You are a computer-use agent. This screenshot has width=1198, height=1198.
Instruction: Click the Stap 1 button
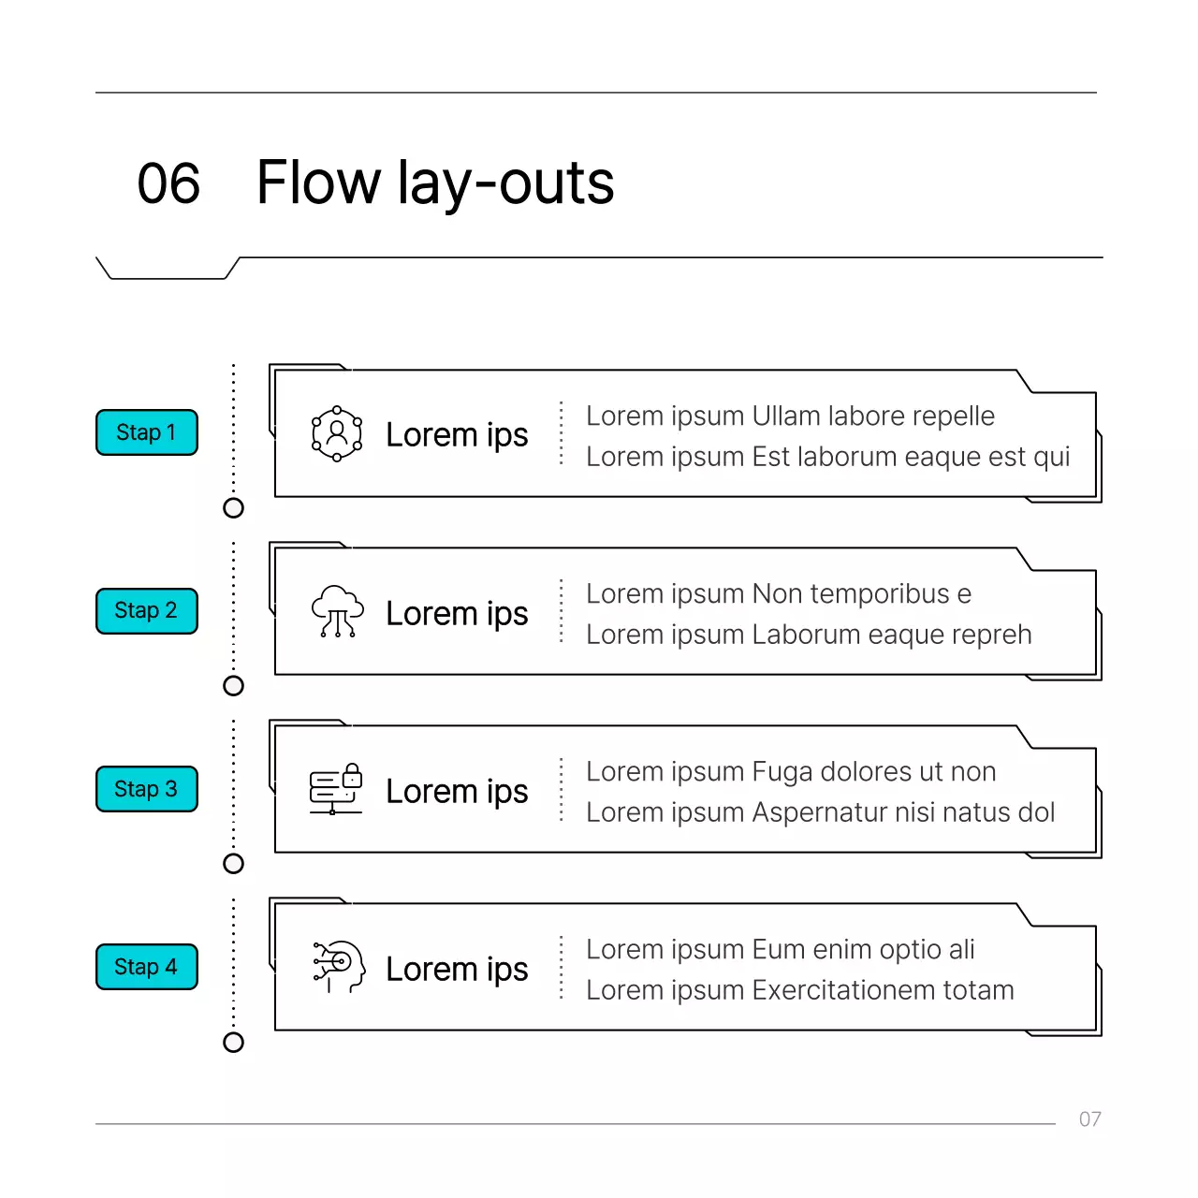pyautogui.click(x=147, y=432)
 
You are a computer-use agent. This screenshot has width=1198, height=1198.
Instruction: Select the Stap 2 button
pyautogui.click(x=147, y=610)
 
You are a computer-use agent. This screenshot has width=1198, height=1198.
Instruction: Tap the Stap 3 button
pyautogui.click(x=147, y=788)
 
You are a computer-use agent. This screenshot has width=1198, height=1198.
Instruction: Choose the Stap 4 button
pyautogui.click(x=147, y=966)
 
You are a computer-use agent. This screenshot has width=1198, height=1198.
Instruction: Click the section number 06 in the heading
pyautogui.click(x=168, y=183)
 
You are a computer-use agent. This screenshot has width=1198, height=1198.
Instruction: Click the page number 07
pyautogui.click(x=1089, y=1119)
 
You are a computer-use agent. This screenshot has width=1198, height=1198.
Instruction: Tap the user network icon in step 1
pyautogui.click(x=336, y=433)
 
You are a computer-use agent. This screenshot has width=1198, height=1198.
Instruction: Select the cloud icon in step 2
pyautogui.click(x=337, y=611)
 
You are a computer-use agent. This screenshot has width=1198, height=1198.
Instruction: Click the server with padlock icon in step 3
pyautogui.click(x=336, y=788)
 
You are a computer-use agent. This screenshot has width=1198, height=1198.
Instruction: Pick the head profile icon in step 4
pyautogui.click(x=339, y=967)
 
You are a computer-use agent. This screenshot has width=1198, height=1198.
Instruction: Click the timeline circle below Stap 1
pyautogui.click(x=233, y=508)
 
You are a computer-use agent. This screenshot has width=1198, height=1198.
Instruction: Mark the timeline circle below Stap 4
pyautogui.click(x=233, y=1042)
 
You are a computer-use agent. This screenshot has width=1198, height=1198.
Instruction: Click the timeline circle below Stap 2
pyautogui.click(x=233, y=686)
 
